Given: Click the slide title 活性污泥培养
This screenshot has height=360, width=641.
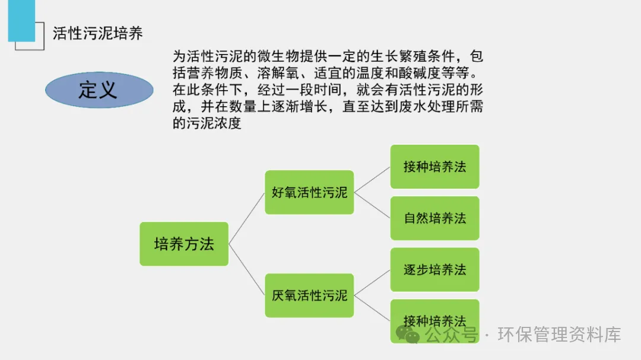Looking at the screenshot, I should point(98,33).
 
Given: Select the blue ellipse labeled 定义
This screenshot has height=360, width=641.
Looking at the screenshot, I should point(99,90).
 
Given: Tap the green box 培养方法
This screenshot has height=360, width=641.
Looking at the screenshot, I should point(184,244).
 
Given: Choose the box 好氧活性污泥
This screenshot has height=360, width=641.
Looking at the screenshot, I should point(309,192).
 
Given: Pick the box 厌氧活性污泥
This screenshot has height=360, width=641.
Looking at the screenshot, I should point(309,295).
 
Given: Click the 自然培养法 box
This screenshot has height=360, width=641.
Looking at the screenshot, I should point(434,218).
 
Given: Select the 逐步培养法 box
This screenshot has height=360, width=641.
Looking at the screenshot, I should point(434,270).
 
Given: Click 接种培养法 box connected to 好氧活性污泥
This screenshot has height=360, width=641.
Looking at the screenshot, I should point(434,167).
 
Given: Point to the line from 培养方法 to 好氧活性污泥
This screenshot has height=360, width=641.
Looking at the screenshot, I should point(247,218).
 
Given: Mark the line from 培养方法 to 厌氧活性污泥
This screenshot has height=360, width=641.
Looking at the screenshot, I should point(247,270).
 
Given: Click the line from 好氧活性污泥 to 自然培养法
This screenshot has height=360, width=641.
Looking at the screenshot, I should point(372,205).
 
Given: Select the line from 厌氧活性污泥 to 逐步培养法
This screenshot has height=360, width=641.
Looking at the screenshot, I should point(372,283).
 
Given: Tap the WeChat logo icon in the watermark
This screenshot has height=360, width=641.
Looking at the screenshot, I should point(408,335).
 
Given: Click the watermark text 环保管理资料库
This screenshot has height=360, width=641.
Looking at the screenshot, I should point(559,335).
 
